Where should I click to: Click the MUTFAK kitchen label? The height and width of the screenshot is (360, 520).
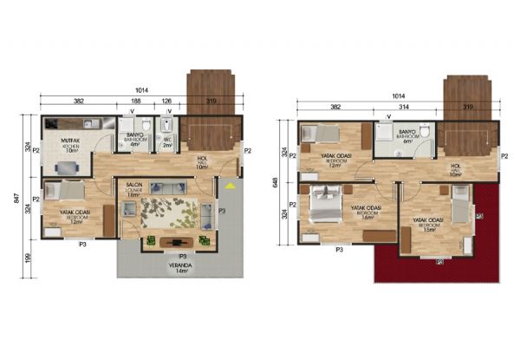71,143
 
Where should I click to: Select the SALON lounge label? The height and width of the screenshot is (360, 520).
134,189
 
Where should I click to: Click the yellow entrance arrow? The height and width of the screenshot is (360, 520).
229,185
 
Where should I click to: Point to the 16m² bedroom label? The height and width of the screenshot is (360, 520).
367,212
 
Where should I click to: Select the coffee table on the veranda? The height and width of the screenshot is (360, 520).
179,241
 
